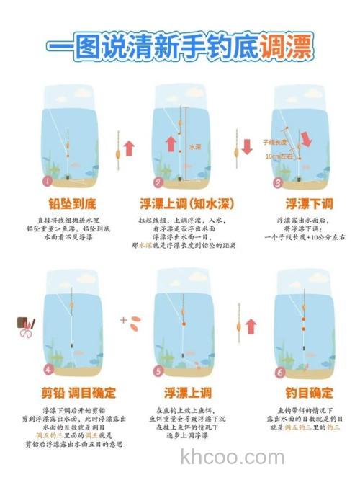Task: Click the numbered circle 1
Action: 48,182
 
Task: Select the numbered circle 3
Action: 277,182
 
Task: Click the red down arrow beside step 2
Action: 247,146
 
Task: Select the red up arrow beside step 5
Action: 251,326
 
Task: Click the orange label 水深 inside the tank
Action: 194,146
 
